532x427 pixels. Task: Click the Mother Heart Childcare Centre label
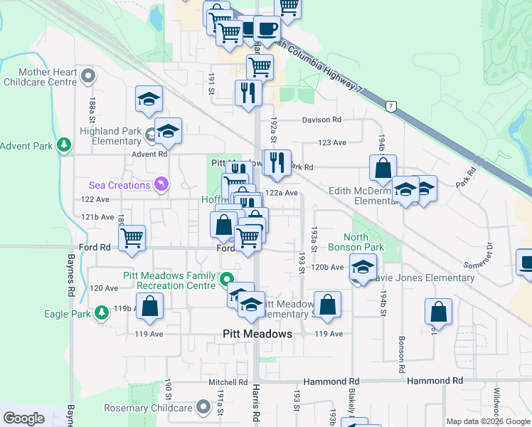click(39, 77)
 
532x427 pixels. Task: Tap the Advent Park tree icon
click(65, 146)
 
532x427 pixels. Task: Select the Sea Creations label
click(119, 185)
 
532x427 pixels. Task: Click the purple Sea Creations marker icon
click(162, 185)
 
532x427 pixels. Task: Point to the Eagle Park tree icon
click(102, 312)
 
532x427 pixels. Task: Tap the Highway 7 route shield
click(390, 106)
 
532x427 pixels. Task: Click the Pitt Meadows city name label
click(257, 334)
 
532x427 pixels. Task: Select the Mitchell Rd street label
click(227, 382)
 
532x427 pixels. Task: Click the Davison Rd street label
click(321, 120)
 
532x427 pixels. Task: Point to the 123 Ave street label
click(332, 143)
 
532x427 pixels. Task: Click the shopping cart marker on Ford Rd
click(132, 238)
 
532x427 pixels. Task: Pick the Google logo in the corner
click(24, 418)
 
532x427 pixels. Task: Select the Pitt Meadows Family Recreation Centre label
click(176, 280)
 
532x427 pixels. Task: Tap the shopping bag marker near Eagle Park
click(150, 306)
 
